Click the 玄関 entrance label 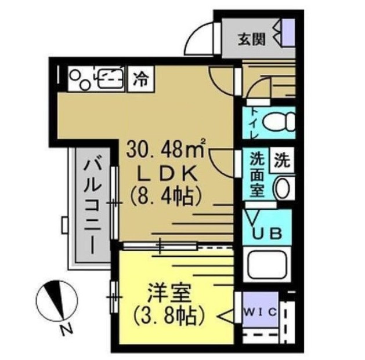pos(252,39)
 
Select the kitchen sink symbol pos(109,78)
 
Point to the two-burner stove pos(79,78)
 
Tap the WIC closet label pos(260,312)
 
